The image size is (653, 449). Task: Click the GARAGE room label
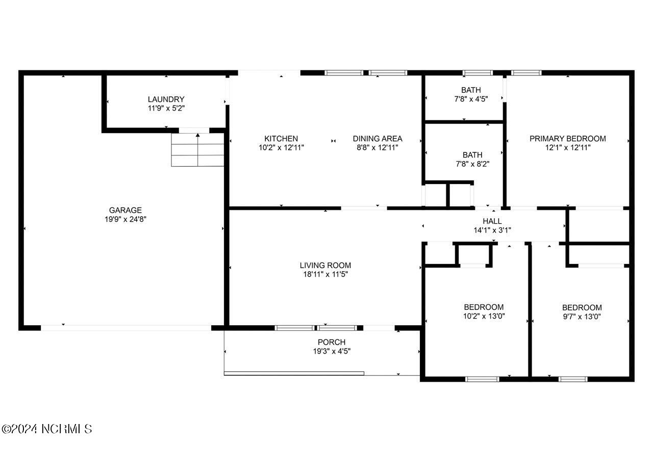125,210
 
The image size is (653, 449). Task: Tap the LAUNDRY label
166,99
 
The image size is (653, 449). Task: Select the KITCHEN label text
281,139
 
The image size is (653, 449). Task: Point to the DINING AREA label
378,139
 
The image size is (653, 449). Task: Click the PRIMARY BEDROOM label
567,139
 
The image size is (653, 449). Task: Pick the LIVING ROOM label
325,265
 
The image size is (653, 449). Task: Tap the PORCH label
332,342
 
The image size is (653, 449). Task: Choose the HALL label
492,221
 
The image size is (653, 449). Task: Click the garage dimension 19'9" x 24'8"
125,219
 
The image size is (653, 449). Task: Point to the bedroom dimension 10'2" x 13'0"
484,316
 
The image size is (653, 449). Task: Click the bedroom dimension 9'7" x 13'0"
582,316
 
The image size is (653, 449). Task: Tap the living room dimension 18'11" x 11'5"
325,274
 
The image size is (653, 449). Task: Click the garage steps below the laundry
198,150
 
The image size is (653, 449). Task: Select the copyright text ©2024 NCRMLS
46,429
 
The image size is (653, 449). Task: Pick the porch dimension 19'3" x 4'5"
332,351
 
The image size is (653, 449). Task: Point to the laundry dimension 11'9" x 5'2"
166,109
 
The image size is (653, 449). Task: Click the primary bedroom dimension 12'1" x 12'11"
567,148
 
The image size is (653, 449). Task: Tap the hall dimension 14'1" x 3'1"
492,230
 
